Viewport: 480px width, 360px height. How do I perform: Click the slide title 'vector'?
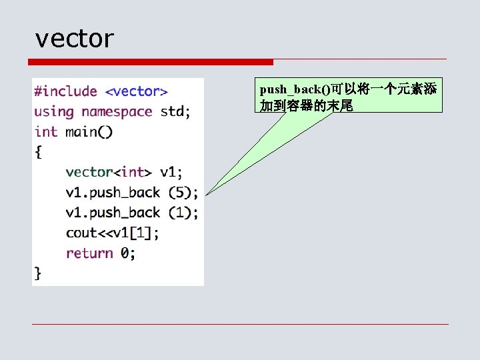coord(75,39)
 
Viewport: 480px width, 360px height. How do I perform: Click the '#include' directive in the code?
coord(66,91)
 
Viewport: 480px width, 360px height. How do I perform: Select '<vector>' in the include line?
coord(137,91)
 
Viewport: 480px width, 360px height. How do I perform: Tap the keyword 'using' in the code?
coord(54,111)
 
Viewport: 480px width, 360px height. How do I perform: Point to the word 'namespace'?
coord(117,111)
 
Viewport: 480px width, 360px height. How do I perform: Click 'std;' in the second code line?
coord(175,111)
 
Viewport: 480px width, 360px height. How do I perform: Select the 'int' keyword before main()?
coord(46,131)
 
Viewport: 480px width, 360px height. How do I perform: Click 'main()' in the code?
coord(89,131)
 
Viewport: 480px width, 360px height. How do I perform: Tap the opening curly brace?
coord(38,152)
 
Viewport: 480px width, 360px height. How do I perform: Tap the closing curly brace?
coord(38,273)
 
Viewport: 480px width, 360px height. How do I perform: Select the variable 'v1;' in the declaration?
coord(171,172)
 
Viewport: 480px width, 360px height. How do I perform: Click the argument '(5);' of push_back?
coord(183,193)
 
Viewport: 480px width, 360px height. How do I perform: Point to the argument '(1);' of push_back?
coord(183,213)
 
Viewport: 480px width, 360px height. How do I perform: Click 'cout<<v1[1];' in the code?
coord(112,233)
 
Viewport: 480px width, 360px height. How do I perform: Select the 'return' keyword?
coord(89,253)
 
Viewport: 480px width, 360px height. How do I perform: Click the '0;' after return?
coord(128,253)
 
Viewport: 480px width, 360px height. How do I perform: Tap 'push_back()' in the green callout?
coord(295,89)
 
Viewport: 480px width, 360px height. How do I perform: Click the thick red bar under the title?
coord(151,62)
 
